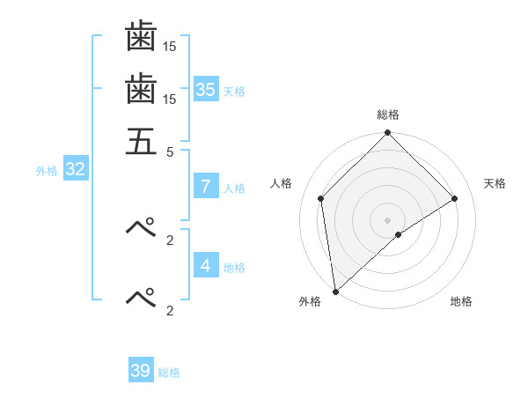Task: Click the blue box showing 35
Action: click(x=206, y=90)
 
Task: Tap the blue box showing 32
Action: click(x=76, y=170)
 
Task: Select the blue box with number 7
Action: click(x=205, y=187)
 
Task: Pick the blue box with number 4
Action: click(x=205, y=266)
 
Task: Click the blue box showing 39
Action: click(x=141, y=371)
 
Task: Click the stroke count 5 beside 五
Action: click(x=171, y=151)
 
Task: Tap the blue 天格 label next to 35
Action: click(x=234, y=92)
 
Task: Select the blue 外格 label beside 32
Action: click(x=47, y=171)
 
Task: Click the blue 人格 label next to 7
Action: click(x=234, y=189)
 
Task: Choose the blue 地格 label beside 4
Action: click(x=234, y=268)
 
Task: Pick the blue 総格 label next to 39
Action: click(x=169, y=373)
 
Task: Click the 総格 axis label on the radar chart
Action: click(x=388, y=115)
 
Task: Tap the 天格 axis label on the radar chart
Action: click(x=495, y=183)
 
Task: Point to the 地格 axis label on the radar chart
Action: click(x=461, y=301)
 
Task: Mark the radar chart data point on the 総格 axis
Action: click(x=388, y=134)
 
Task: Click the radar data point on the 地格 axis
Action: click(x=399, y=234)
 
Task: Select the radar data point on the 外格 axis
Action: click(x=335, y=292)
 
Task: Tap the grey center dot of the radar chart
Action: click(x=388, y=219)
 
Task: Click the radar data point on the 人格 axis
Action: click(x=321, y=198)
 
